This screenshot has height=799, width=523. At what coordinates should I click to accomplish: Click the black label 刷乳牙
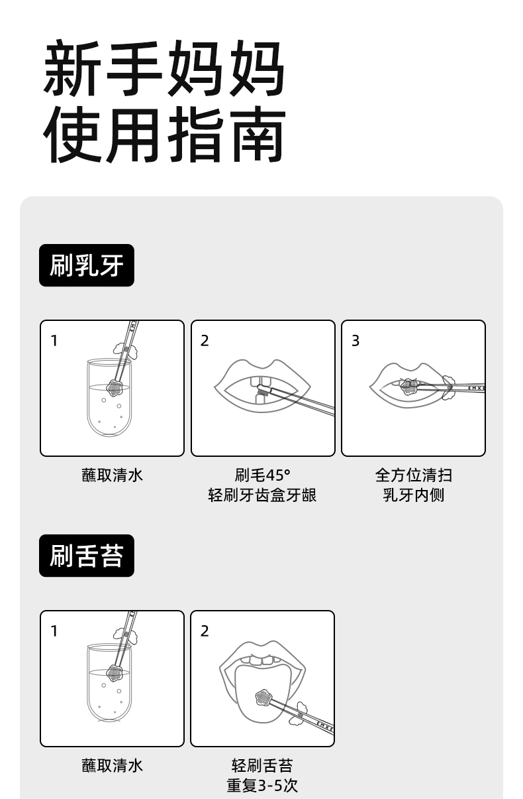tap(87, 265)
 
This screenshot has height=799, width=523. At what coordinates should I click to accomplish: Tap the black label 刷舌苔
tap(87, 556)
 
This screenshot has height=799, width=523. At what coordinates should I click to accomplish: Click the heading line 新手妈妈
tap(164, 68)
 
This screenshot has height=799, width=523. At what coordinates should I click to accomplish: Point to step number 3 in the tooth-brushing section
tap(356, 341)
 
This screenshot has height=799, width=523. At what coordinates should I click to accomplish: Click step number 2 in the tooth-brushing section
tap(205, 341)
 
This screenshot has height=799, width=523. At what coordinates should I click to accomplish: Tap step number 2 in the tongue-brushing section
tap(205, 631)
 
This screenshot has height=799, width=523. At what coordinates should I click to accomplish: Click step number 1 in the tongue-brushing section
tap(54, 631)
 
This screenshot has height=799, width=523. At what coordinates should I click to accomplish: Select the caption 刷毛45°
tap(262, 475)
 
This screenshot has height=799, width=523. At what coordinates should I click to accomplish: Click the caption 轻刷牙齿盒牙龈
tap(262, 495)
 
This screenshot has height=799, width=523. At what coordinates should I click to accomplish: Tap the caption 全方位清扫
tap(413, 475)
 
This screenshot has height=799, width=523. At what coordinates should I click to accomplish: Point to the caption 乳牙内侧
tap(413, 495)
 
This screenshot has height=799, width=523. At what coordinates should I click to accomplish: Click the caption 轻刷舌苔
tap(262, 765)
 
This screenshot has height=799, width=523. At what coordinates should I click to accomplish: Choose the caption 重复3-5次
tap(262, 786)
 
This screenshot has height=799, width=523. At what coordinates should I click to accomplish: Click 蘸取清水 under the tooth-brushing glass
tap(112, 475)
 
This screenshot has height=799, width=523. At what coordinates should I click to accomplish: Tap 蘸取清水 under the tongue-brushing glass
tap(112, 765)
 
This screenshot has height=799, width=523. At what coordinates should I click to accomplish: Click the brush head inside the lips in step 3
tap(408, 387)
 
